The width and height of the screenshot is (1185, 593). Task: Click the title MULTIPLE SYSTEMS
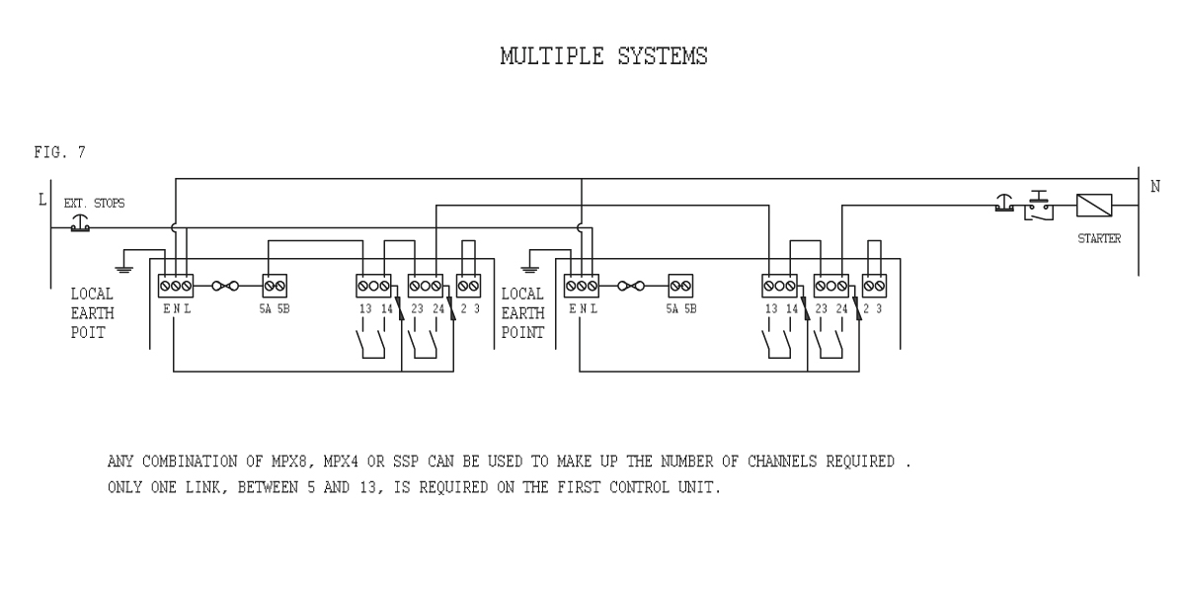tap(603, 57)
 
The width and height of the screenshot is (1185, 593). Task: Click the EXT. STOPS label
tap(94, 204)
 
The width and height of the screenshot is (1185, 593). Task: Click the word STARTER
tap(1098, 238)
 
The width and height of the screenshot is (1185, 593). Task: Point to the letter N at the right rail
tap(1155, 188)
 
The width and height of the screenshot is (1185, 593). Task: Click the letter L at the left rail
tap(41, 201)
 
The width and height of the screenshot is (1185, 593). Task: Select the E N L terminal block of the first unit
tap(175, 286)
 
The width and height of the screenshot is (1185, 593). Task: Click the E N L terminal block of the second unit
tap(581, 286)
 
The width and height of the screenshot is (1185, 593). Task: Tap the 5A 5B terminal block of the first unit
tap(274, 286)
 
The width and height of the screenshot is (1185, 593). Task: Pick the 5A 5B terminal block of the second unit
tap(679, 286)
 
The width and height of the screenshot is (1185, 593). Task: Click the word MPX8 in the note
tap(269, 462)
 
